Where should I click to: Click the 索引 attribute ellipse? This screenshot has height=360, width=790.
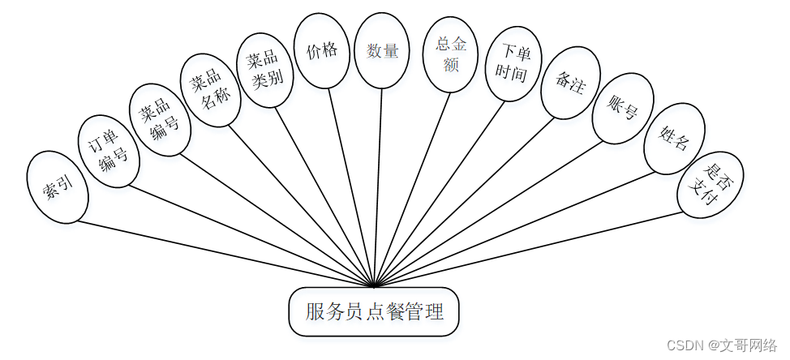(57, 186)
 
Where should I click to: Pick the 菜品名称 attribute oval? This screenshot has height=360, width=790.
(210, 89)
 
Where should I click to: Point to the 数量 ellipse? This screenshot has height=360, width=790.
(382, 50)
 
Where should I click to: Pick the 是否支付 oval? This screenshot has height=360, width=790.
(710, 184)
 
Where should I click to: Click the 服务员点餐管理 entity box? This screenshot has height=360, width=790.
(374, 311)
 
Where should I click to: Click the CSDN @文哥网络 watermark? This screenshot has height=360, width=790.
(721, 345)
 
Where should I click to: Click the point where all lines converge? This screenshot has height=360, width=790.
(374, 286)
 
